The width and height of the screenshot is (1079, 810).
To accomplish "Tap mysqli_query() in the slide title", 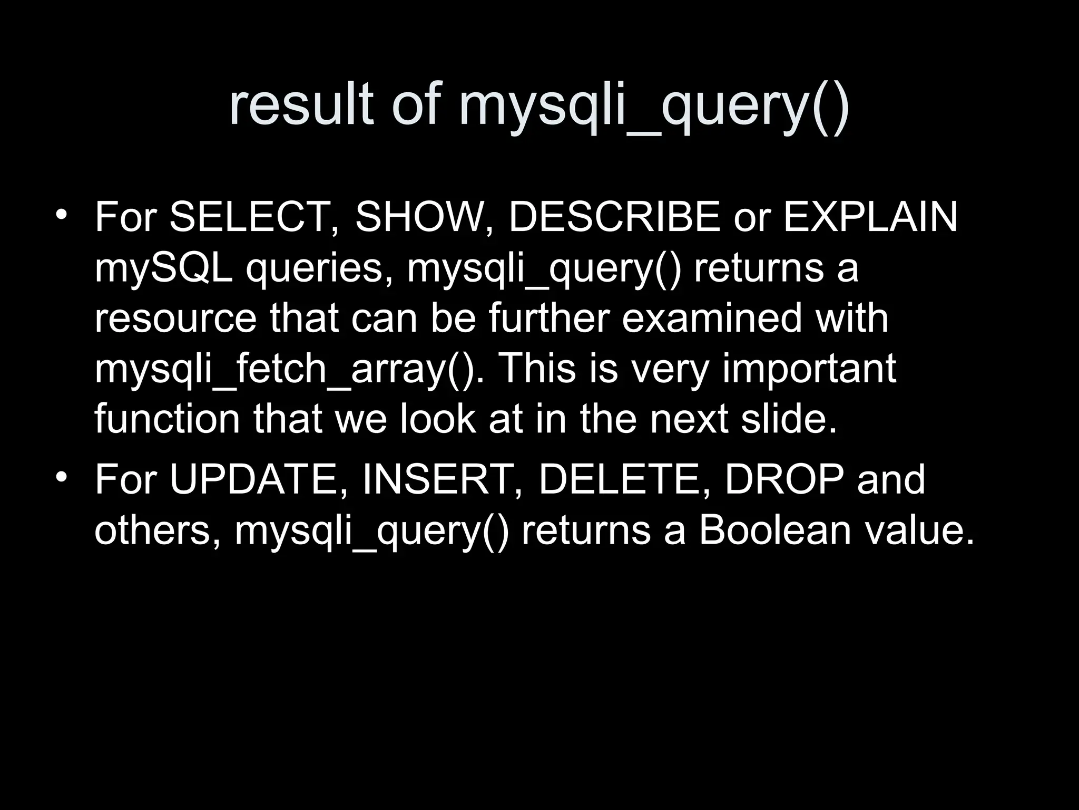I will click(654, 108).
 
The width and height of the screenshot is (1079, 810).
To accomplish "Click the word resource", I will click(175, 319).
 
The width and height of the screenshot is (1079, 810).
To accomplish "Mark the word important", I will click(809, 369).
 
